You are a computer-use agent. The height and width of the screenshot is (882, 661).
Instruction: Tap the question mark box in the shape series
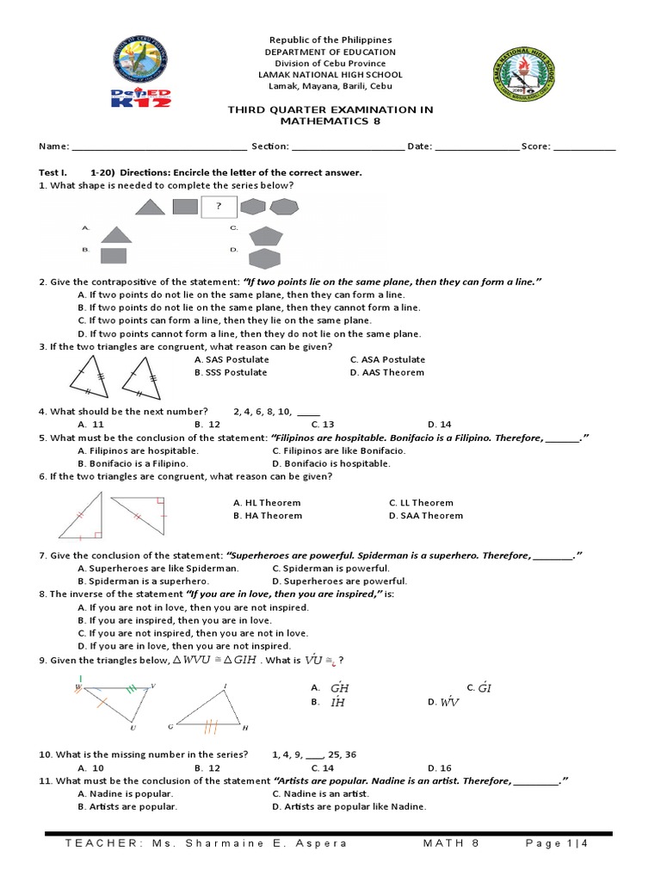(x=219, y=207)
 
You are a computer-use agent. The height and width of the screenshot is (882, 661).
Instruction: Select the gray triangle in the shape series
(x=151, y=207)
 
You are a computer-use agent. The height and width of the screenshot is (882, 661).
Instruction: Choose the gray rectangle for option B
(x=114, y=255)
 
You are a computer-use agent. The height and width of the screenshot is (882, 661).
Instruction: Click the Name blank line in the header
(x=159, y=146)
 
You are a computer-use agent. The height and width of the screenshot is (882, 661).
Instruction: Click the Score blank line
(x=584, y=146)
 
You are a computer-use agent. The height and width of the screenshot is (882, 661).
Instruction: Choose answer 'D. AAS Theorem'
(x=386, y=372)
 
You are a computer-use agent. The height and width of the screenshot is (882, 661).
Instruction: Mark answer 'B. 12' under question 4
(x=207, y=424)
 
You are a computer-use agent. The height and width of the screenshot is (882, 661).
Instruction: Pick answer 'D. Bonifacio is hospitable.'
(x=330, y=463)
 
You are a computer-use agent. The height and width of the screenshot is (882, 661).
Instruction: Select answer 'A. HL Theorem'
(x=267, y=502)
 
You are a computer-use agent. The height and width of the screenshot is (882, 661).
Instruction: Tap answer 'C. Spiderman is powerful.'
(x=330, y=568)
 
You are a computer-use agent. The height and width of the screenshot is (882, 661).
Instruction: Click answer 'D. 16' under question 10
(x=439, y=767)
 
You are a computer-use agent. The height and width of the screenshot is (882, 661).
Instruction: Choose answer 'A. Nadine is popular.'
(x=125, y=793)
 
